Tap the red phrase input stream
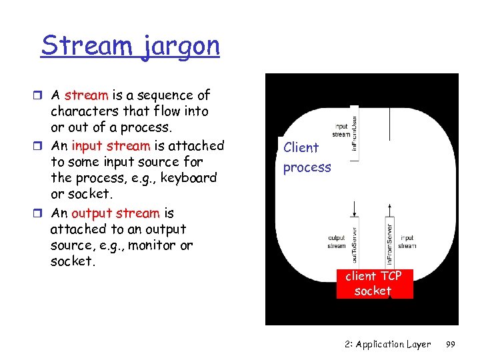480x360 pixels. point(111,145)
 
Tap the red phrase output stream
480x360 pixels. point(115,213)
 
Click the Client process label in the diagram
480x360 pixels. point(307,157)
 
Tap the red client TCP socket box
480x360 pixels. point(373,283)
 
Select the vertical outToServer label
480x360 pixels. point(355,240)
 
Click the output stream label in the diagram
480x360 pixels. point(337,241)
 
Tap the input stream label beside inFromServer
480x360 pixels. point(407,241)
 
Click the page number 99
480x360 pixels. point(450,344)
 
